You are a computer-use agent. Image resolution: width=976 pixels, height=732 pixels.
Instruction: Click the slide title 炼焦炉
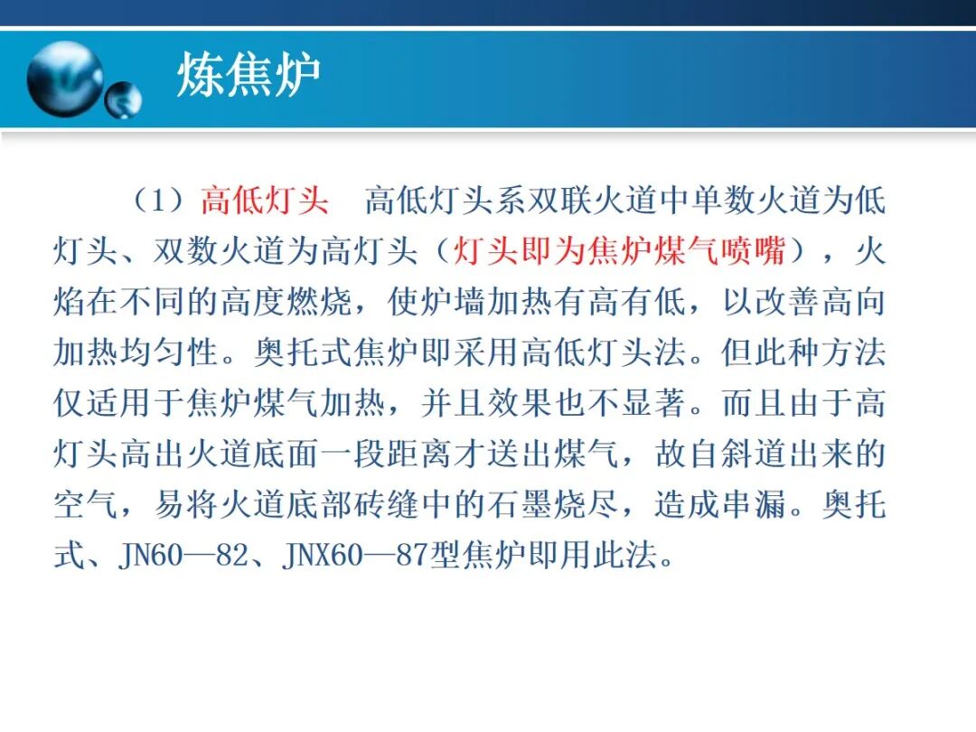[x=249, y=76]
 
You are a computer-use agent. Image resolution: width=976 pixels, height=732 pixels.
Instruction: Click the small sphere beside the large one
[x=123, y=100]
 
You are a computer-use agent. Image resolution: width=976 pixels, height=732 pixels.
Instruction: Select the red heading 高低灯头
[x=265, y=201]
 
